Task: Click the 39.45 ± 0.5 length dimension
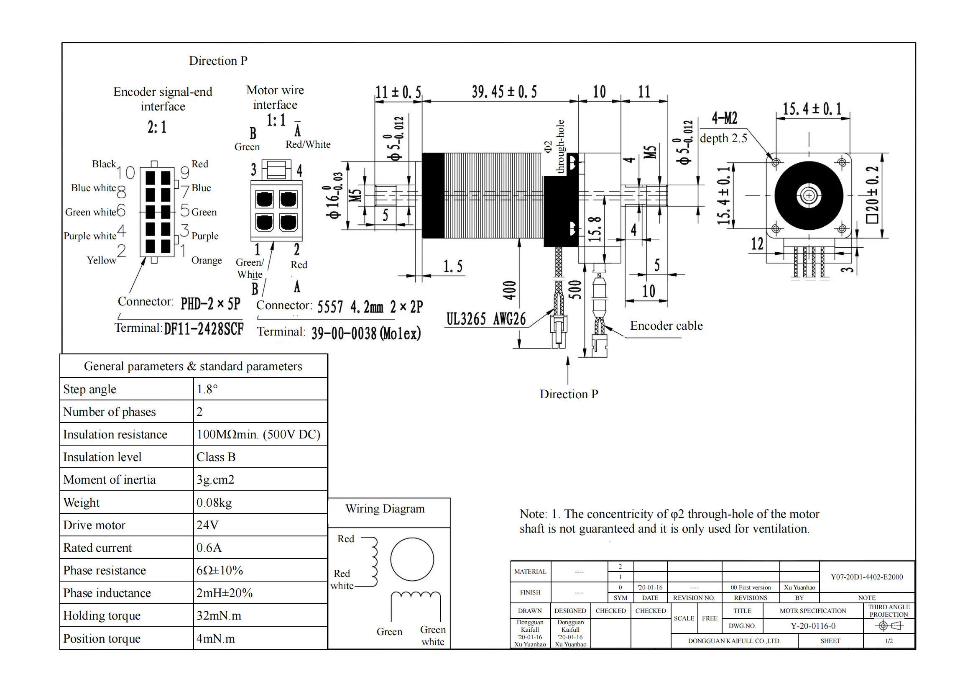pyautogui.click(x=504, y=92)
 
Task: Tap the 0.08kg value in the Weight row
pyautogui.click(x=214, y=502)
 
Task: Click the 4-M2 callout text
pyautogui.click(x=724, y=118)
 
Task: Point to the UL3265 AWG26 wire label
pyautogui.click(x=485, y=319)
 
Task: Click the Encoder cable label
pyautogui.click(x=666, y=325)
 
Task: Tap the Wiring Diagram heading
pyautogui.click(x=385, y=509)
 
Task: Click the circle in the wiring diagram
pyautogui.click(x=412, y=559)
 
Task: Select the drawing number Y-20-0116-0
pyautogui.click(x=813, y=626)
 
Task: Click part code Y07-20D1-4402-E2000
pyautogui.click(x=866, y=577)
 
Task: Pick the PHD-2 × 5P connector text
pyautogui.click(x=210, y=303)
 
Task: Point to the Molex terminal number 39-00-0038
pyautogui.click(x=366, y=333)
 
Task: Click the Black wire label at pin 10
pyautogui.click(x=104, y=164)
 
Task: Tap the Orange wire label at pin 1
pyautogui.click(x=207, y=260)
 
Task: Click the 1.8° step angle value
pyautogui.click(x=207, y=389)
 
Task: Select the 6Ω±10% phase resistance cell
pyautogui.click(x=220, y=570)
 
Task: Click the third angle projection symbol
pyautogui.click(x=889, y=626)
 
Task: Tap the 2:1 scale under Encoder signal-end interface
pyautogui.click(x=157, y=127)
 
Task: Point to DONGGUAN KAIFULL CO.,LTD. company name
pyautogui.click(x=734, y=641)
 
